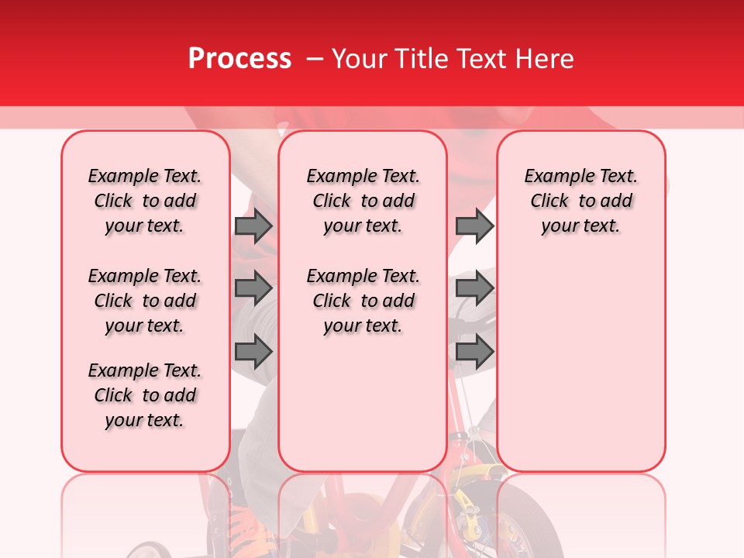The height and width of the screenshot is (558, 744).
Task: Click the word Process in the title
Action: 239,59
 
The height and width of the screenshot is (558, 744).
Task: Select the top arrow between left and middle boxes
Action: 253,226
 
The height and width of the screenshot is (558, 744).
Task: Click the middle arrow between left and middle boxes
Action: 253,288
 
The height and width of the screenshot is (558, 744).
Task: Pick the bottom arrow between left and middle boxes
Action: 253,351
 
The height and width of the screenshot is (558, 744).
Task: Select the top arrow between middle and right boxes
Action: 474,226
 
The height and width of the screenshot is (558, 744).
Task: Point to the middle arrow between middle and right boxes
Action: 474,288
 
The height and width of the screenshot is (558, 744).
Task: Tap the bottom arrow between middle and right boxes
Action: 474,351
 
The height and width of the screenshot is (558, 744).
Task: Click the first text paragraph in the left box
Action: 145,201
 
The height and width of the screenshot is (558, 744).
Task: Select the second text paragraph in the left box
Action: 145,301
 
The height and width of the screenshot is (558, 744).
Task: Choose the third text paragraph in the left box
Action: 145,395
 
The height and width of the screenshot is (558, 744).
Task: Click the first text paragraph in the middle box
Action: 363,201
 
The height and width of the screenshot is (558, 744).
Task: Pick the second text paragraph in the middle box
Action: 363,301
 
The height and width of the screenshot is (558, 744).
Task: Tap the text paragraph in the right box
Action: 580,201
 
